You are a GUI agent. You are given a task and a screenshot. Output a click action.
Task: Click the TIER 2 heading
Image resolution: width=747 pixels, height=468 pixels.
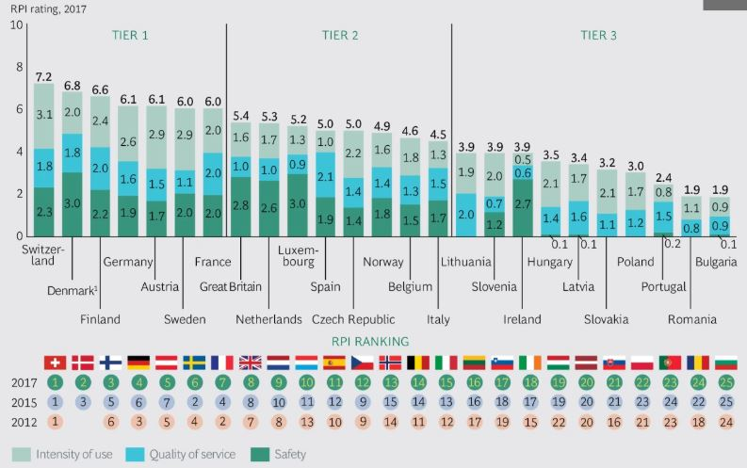339,36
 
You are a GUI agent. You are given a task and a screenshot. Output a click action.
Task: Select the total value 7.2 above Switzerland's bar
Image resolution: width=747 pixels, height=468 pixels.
43,76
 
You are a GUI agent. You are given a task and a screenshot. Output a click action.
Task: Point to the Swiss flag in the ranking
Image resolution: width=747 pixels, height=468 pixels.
55,362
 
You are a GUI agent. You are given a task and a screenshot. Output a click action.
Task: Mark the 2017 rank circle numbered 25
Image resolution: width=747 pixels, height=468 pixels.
724,383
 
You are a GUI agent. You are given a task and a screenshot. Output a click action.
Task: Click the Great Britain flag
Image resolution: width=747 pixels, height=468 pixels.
251,362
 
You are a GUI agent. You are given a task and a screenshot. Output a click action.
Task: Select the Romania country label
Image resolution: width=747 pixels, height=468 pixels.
691,319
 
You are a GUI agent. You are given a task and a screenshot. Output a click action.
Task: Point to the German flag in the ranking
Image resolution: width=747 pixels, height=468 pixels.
138,362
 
